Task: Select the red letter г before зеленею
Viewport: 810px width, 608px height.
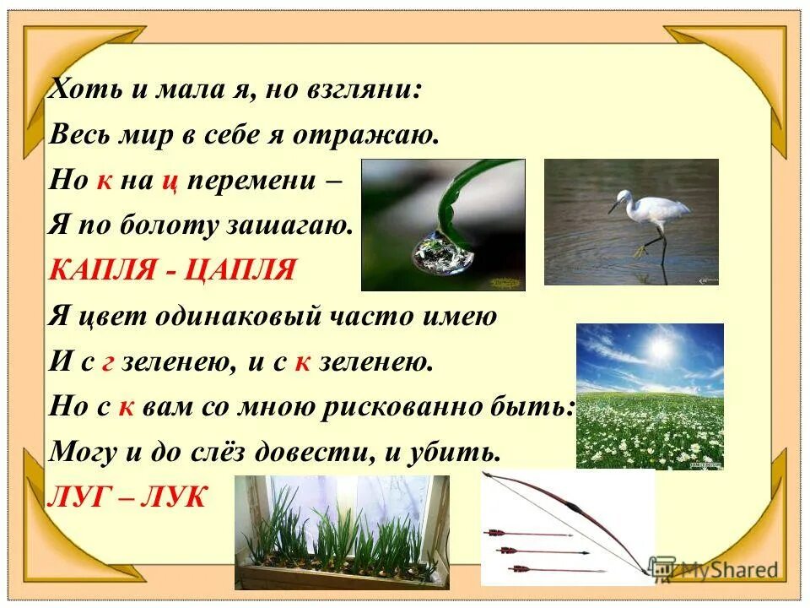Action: (x=107, y=363)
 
